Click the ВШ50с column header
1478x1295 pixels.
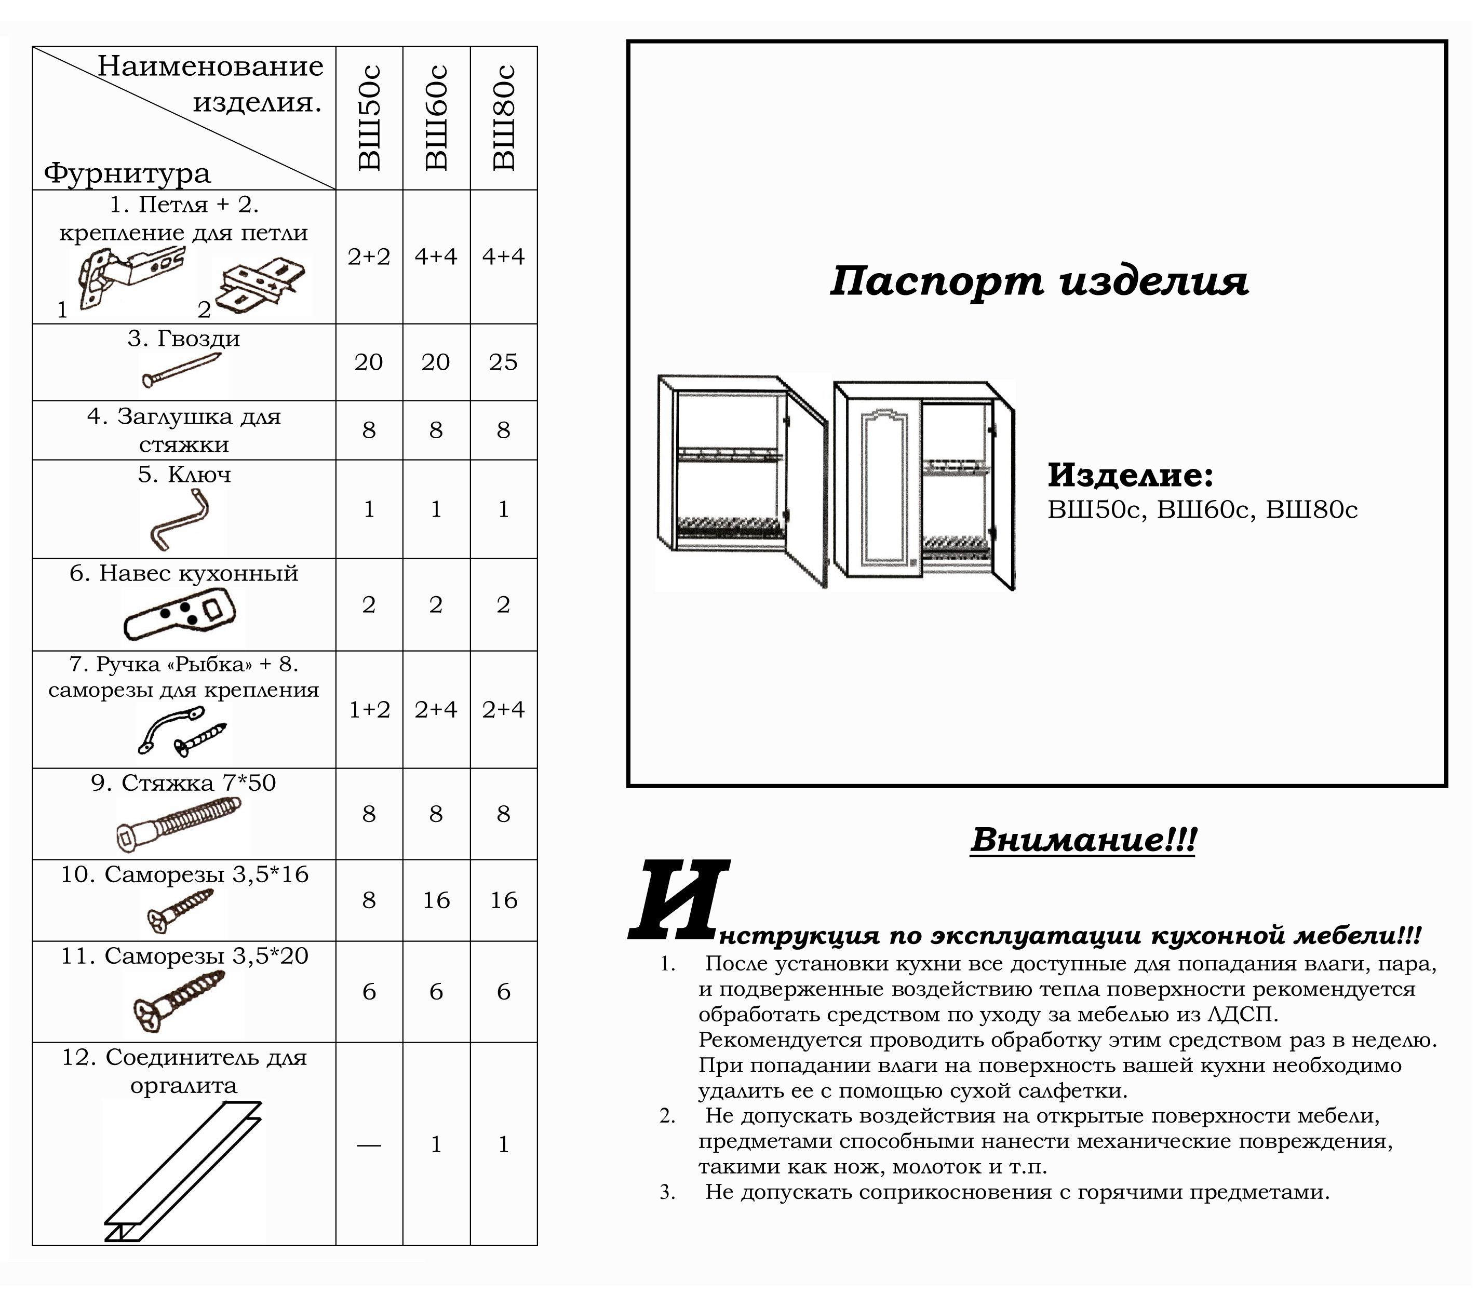(369, 118)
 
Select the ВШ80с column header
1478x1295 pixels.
(504, 118)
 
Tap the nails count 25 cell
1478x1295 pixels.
(503, 361)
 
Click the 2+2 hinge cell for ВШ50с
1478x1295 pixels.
(369, 257)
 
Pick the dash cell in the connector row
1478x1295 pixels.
(369, 1145)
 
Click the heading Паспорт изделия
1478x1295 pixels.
(1039, 281)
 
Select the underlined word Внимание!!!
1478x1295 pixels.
(1083, 840)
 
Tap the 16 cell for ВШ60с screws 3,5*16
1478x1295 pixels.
(436, 900)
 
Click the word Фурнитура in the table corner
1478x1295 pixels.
(127, 173)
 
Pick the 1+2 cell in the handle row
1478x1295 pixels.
(369, 710)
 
